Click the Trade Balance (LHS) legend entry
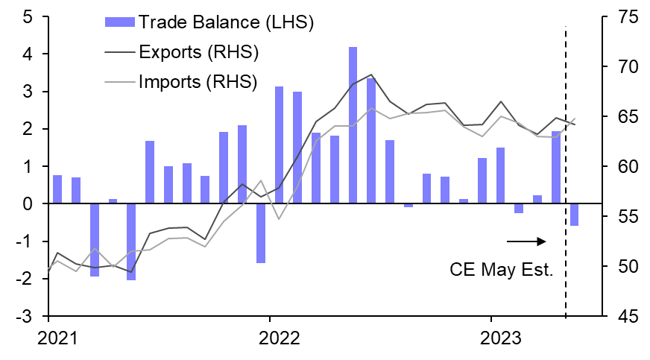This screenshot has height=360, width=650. point(226,22)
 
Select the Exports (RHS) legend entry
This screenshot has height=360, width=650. point(198,52)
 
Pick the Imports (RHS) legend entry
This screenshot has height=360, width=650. point(198,80)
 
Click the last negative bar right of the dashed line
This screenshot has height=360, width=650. point(574,215)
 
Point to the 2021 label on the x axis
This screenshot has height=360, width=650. point(57,338)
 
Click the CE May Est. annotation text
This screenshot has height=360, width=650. point(502,269)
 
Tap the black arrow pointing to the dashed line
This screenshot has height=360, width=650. point(526,241)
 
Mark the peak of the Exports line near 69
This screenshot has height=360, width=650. point(371,75)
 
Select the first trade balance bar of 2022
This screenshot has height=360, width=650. point(279,145)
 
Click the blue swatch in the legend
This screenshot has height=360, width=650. point(119,23)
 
